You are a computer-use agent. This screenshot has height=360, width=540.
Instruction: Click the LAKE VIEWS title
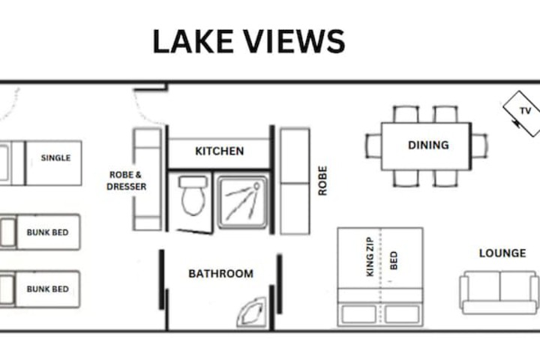click(249, 41)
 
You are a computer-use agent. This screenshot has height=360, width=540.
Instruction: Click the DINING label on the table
click(428, 145)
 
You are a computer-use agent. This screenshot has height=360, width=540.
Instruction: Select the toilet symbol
click(193, 195)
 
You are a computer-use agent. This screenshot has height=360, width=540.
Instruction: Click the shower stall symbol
click(242, 202)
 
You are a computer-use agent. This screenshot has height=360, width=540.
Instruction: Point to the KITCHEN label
click(219, 151)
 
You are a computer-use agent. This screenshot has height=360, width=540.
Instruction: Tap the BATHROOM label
click(220, 274)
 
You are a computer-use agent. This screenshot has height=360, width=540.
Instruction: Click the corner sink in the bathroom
click(252, 313)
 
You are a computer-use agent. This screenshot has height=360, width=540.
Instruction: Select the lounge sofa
click(499, 292)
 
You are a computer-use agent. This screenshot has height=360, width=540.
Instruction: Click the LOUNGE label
click(502, 253)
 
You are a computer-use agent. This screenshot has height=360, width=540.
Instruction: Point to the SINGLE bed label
click(55, 157)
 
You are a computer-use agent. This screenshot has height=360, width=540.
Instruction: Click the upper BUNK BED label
click(47, 232)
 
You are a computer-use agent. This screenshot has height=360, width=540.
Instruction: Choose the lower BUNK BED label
click(47, 289)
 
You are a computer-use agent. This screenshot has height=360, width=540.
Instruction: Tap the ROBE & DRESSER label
click(126, 181)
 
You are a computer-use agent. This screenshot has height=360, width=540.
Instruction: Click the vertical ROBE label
click(322, 181)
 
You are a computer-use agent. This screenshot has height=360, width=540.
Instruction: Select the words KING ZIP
click(370, 256)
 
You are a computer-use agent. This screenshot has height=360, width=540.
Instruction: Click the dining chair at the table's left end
click(373, 146)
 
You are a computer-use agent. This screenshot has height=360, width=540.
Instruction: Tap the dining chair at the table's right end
click(479, 146)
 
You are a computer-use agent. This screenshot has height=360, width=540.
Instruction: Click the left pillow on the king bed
click(358, 313)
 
